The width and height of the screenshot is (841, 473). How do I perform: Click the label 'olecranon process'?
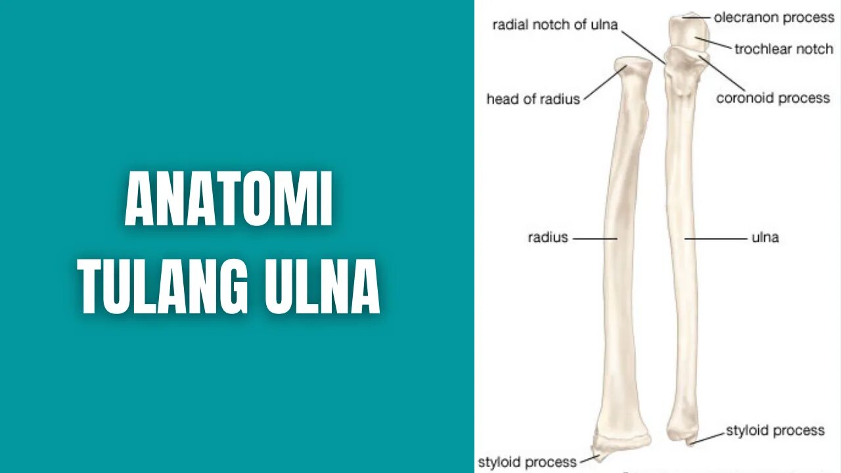click(x=774, y=18)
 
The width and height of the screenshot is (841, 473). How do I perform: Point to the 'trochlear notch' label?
click(x=783, y=49)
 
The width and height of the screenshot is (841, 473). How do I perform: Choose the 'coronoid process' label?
click(x=773, y=99)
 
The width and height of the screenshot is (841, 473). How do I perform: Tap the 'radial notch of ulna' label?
click(x=555, y=25)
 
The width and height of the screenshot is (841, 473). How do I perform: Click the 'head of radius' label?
click(x=533, y=99)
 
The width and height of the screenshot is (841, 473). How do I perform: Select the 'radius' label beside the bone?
click(x=547, y=237)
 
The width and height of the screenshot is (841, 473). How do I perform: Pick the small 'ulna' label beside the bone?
click(x=765, y=237)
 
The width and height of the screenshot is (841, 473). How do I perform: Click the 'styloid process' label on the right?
click(x=775, y=431)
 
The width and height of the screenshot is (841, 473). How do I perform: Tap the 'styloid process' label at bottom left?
click(x=527, y=462)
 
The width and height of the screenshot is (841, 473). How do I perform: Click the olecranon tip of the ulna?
click(x=687, y=16)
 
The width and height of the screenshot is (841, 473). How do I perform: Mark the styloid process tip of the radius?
click(x=600, y=455)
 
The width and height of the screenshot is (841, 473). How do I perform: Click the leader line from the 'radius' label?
click(x=595, y=238)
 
